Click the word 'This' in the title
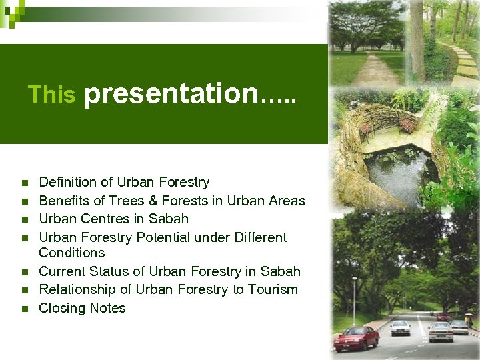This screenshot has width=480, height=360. click(x=51, y=95)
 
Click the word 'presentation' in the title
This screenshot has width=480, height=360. click(x=171, y=93)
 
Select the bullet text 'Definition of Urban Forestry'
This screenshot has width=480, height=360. click(x=124, y=182)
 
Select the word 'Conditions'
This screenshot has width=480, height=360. click(x=72, y=253)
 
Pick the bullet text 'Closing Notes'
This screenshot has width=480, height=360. click(x=82, y=308)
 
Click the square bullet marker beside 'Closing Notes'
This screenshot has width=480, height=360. click(x=24, y=309)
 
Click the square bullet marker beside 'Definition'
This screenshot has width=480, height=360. click(x=24, y=183)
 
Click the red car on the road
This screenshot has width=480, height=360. click(x=357, y=339)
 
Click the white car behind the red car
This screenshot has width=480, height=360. click(x=401, y=327)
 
